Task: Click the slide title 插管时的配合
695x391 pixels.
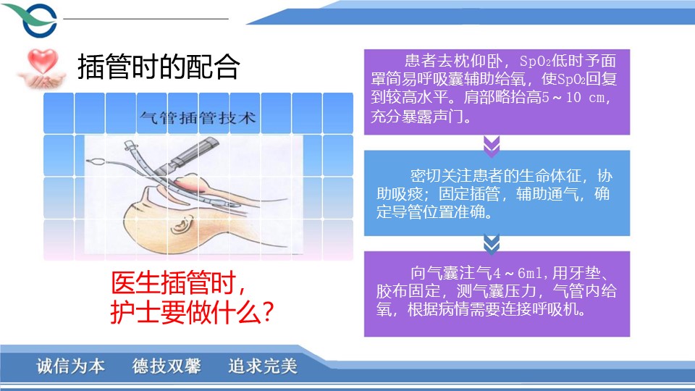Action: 159,67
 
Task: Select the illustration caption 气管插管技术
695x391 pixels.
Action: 198,118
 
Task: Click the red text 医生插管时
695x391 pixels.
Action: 178,283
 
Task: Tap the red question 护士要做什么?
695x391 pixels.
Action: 193,312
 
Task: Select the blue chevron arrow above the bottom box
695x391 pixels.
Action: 492,244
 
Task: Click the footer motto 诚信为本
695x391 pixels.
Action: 70,366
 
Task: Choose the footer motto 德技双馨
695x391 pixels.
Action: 167,366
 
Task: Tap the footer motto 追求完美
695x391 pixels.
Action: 263,366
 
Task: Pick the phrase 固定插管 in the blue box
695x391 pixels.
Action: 469,194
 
